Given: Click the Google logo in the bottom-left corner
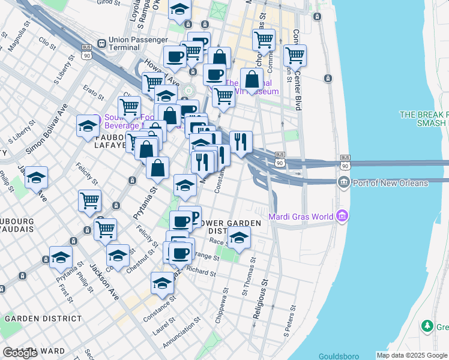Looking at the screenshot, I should click(20, 353).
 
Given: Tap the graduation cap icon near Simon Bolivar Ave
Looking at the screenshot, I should click(88, 127).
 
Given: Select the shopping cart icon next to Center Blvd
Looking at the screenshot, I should click(295, 56).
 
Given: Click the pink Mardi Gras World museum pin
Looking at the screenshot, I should click(342, 214).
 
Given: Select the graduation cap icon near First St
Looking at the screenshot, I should click(61, 257).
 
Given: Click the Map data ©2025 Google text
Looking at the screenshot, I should click(412, 355).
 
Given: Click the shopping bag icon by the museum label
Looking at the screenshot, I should click(252, 80).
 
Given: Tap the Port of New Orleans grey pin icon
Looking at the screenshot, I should click(344, 182).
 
